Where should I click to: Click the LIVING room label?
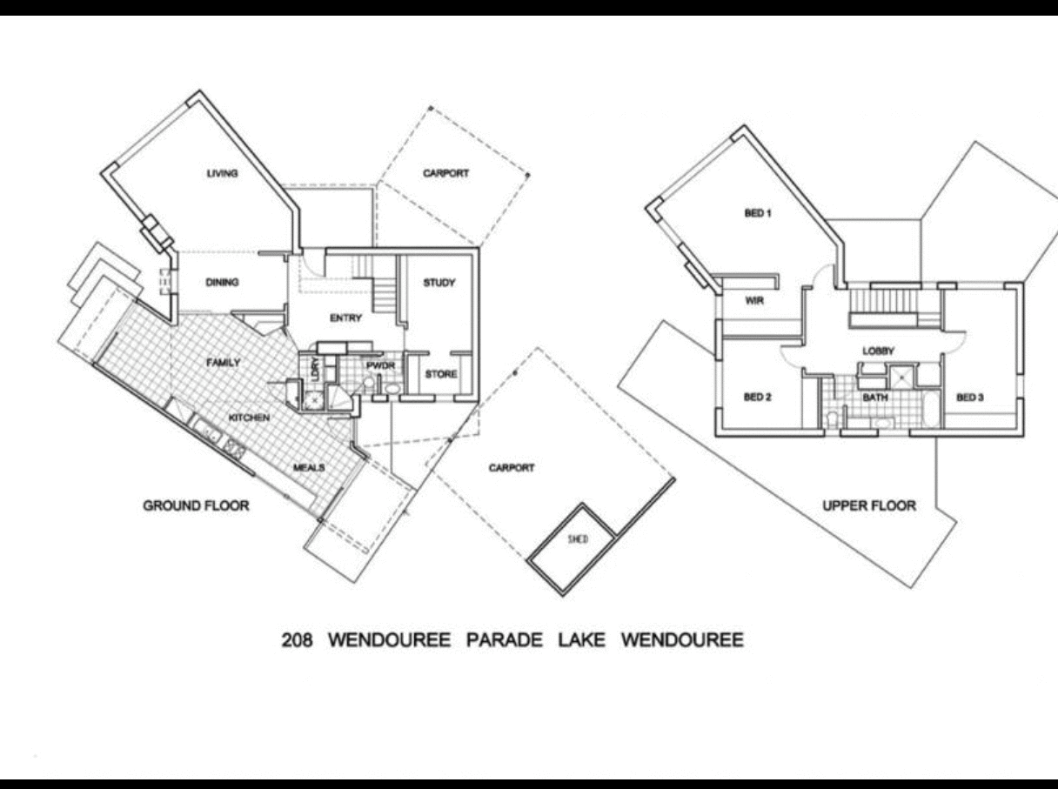coord(222,173)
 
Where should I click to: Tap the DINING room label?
coord(222,283)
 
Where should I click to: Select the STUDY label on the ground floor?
coord(439,283)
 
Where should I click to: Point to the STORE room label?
coord(440,375)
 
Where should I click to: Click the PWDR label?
coord(380,366)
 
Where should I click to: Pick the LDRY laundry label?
coord(315,368)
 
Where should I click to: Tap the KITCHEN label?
coord(249,418)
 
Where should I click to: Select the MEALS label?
coord(309,468)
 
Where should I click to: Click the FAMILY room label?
coord(223,363)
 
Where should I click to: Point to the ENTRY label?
coord(345,318)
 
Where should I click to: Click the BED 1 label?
coord(758,213)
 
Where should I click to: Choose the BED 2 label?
coord(758,398)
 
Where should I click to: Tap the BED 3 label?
coord(970,398)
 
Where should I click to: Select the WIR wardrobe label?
coord(753,301)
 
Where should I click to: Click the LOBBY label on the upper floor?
coord(878,351)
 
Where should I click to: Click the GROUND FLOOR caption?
coord(196,505)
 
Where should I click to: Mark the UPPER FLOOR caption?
coord(869,505)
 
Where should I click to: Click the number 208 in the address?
coord(298,641)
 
